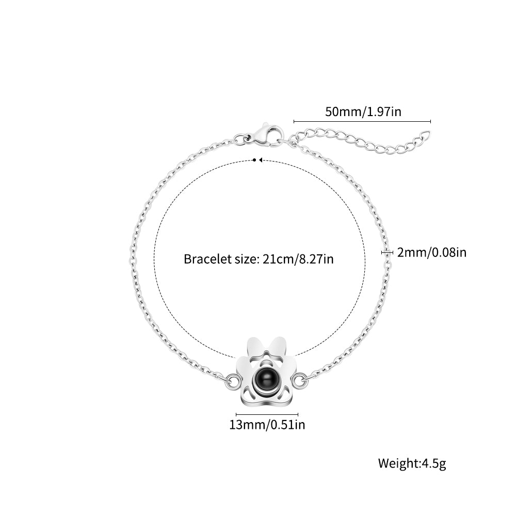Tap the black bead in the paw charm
click(x=266, y=379)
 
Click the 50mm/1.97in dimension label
click(x=363, y=111)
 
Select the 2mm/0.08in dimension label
click(x=432, y=252)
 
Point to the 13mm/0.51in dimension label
click(x=267, y=425)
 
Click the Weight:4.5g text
click(x=412, y=463)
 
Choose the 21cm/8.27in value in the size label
click(x=298, y=259)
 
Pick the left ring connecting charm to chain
click(x=233, y=381)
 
